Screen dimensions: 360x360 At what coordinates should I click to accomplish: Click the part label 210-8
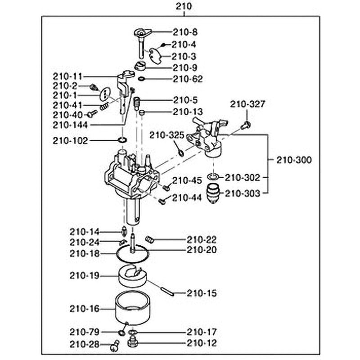point(185,32)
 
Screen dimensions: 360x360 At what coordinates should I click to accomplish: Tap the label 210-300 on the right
point(294,160)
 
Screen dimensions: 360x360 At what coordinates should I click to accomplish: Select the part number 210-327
point(247,104)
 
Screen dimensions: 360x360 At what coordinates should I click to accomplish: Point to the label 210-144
point(70,125)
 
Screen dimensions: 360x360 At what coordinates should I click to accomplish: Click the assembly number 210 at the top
point(184,6)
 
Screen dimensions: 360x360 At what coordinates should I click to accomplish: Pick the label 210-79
point(85,332)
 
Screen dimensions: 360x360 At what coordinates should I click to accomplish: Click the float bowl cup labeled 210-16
point(132,308)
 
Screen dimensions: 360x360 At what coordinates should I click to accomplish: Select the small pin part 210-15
point(167,291)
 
